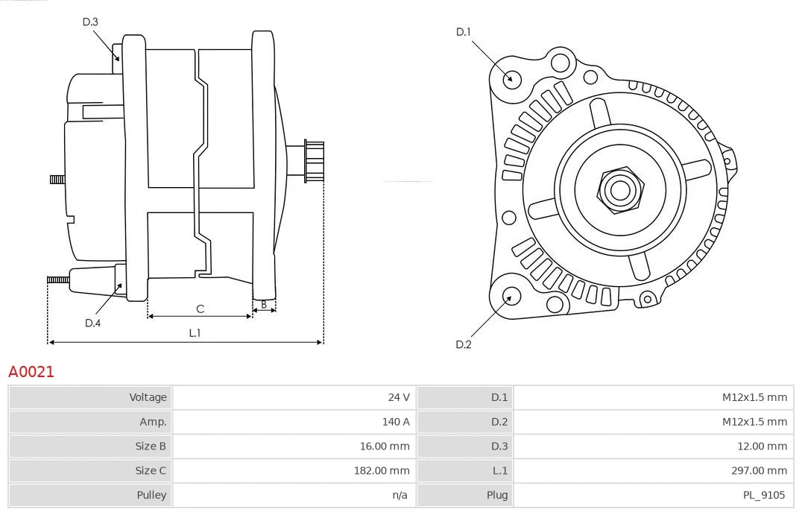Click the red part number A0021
pos(31,371)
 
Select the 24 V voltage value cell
pos(399,397)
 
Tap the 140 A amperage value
pos(396,422)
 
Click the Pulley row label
pos(151,495)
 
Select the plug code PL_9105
pos(763,495)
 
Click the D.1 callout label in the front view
pos(463,32)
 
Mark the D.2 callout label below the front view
pos(463,344)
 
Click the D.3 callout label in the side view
pos(90,22)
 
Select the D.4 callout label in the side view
pos(92,323)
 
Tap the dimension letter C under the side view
pos(200,309)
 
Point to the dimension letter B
pos(264,304)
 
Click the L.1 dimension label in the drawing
pos(195,333)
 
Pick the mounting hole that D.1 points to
pos(511,78)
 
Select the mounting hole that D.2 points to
pos(510,297)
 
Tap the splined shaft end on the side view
pos(314,161)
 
